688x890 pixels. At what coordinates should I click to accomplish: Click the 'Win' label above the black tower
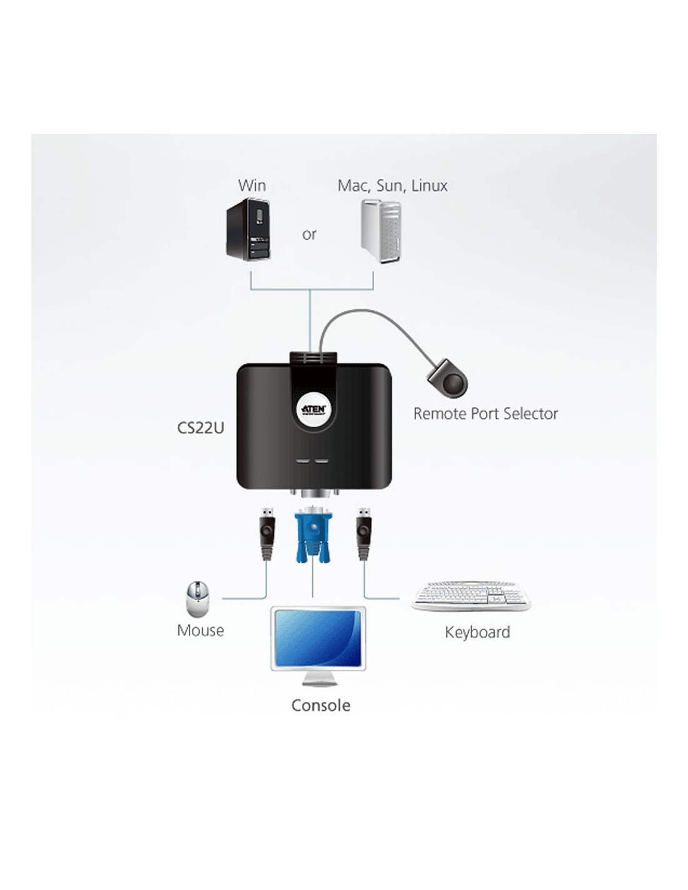click(x=252, y=185)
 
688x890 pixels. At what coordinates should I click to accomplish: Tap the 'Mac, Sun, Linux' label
click(x=392, y=185)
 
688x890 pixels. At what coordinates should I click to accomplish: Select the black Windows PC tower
click(x=250, y=229)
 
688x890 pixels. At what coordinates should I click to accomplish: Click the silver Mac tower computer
click(x=381, y=231)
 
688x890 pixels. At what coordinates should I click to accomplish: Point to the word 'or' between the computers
click(x=309, y=234)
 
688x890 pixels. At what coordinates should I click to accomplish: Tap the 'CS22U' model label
click(x=201, y=428)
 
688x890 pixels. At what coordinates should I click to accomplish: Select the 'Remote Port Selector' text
click(x=485, y=414)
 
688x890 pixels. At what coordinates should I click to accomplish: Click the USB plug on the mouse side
click(x=267, y=533)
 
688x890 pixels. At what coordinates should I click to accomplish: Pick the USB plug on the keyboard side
click(x=363, y=533)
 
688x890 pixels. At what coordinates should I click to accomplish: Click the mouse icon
click(x=198, y=599)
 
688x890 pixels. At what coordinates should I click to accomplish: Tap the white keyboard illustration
click(x=471, y=596)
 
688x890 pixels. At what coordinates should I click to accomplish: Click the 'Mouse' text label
click(x=201, y=630)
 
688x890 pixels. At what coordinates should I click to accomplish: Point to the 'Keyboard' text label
click(x=478, y=632)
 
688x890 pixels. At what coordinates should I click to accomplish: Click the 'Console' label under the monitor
click(x=321, y=705)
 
